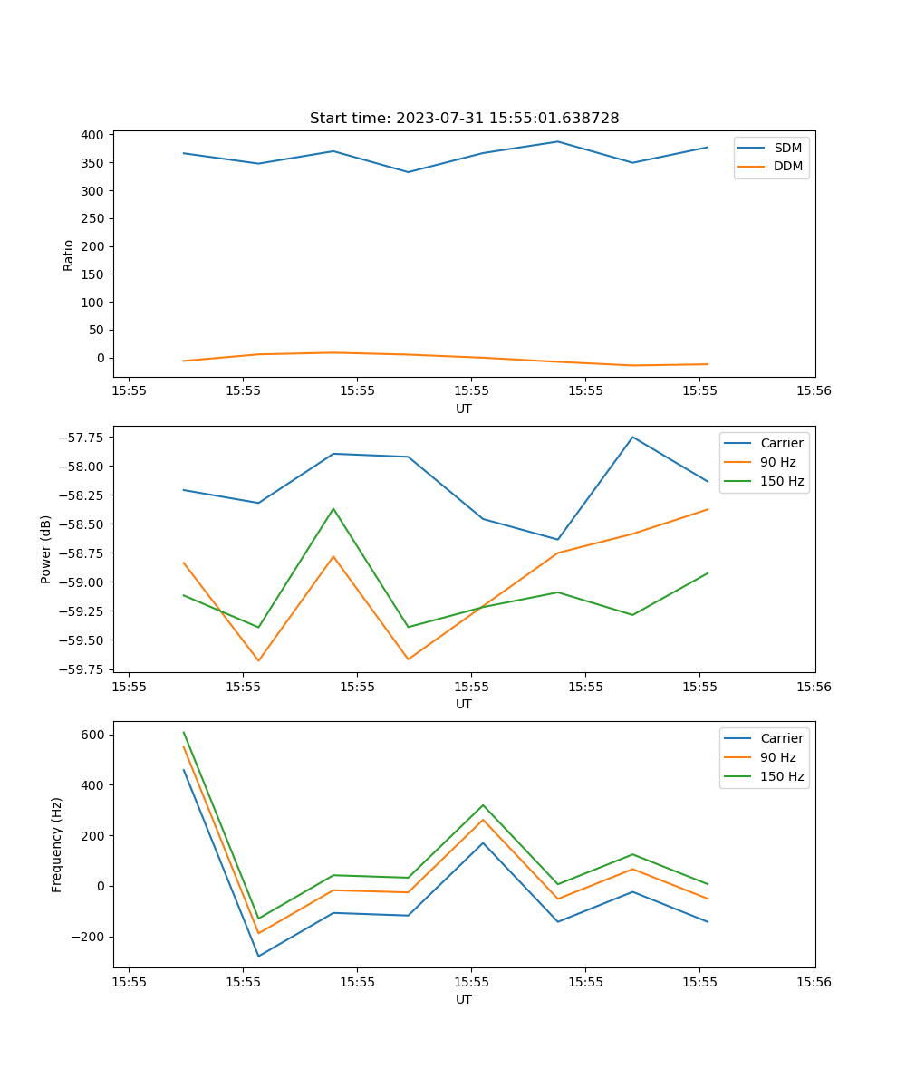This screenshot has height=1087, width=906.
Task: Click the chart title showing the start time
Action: tap(464, 119)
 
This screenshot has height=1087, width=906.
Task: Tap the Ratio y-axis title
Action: tap(69, 255)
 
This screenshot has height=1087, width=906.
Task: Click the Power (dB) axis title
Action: tap(46, 549)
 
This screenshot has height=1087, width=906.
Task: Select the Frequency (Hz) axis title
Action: tap(57, 844)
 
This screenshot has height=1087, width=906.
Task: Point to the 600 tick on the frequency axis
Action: tap(93, 735)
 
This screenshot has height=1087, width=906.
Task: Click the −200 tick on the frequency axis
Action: tap(89, 937)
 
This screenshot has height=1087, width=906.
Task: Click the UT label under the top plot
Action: tap(464, 409)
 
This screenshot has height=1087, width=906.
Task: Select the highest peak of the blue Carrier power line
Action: tap(632, 438)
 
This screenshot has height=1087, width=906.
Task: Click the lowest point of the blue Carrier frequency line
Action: tap(258, 956)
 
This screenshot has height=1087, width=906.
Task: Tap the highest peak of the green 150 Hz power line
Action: tap(333, 508)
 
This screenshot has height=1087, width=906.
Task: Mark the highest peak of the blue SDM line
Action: tap(557, 141)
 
